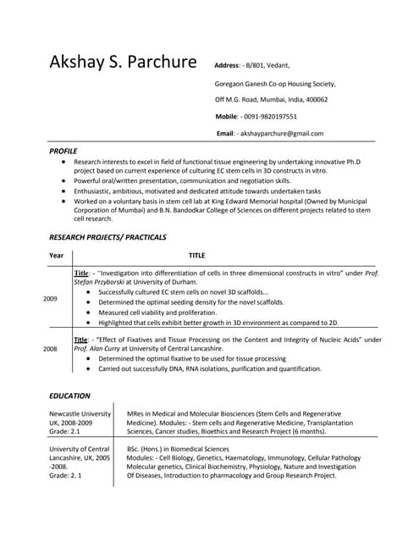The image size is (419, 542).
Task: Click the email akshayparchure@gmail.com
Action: pos(281,133)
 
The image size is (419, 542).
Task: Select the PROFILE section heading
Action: pos(63,151)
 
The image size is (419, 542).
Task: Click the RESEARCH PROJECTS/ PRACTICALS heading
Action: pos(108,237)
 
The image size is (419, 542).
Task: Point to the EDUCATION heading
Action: pos(69,395)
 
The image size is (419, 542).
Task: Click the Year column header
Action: pos(56,255)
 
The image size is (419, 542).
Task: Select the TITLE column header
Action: pos(196,255)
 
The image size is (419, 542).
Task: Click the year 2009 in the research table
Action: pos(50,299)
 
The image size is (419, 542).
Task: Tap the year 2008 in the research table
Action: pos(50,348)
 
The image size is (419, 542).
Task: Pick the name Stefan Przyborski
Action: pos(99,282)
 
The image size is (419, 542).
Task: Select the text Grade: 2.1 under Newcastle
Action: pos(64,431)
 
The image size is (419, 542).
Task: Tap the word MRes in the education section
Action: pos(136,413)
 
